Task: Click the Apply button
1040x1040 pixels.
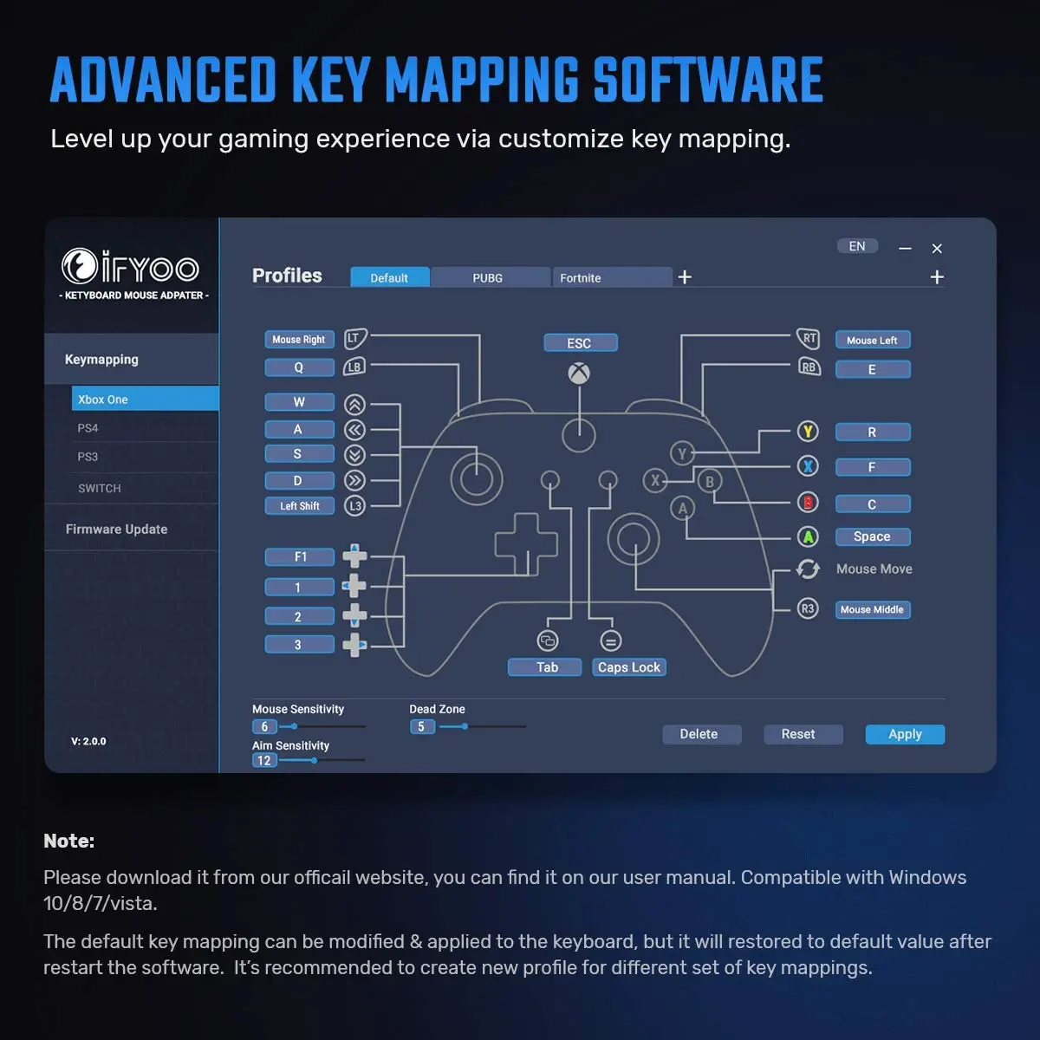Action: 905,734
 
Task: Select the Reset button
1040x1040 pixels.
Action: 797,734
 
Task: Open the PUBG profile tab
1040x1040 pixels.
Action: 488,277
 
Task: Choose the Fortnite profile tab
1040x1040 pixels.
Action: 581,277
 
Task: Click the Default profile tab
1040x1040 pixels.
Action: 389,277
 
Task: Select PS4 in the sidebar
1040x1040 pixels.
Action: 88,428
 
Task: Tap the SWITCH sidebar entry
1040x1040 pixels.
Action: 100,488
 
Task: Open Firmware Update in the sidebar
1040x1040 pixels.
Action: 117,529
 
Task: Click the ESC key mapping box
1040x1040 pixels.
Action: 580,343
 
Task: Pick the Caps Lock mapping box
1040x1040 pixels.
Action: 629,667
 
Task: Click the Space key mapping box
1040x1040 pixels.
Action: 872,536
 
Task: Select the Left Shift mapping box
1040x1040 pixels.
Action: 300,506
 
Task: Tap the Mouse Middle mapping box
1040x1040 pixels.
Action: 872,609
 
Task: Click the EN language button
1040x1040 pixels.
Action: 857,246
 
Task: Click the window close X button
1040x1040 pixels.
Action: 937,249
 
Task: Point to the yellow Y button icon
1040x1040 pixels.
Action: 808,431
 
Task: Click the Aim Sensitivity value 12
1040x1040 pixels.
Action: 264,761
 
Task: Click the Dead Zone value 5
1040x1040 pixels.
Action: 421,727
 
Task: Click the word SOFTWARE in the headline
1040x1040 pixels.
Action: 707,80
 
